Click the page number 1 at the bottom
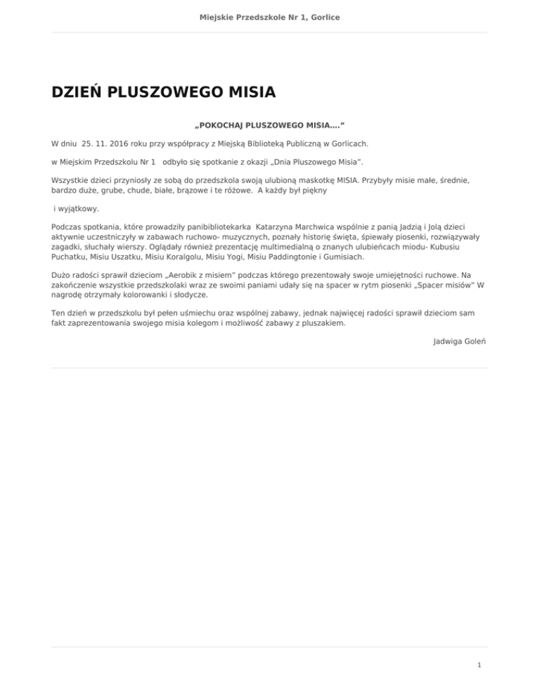[478, 663]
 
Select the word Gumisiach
[342, 257]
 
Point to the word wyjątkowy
[77, 209]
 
